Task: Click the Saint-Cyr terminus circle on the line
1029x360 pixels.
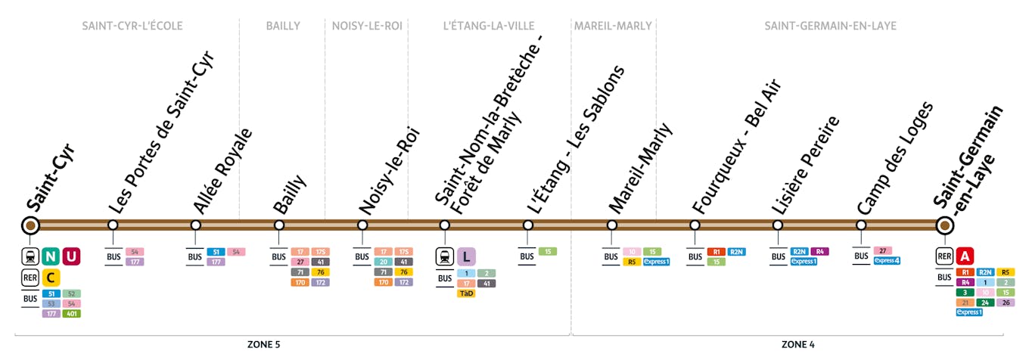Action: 30,225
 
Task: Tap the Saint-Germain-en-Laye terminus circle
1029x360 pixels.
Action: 944,225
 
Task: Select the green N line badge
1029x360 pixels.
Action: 51,256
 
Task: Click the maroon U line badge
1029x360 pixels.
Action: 71,256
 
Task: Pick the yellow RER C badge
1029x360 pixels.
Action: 51,278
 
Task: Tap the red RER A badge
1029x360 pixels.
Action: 965,256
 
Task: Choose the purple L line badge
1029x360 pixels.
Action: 466,256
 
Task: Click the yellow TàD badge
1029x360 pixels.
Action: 466,293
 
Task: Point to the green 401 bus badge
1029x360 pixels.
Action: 71,313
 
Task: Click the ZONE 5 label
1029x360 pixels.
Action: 263,345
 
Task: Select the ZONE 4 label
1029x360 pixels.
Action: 797,345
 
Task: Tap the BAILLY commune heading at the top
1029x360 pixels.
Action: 283,26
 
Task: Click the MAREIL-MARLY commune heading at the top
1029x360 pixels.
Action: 613,26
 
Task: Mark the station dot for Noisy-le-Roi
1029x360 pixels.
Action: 362,225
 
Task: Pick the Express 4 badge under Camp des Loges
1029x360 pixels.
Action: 887,261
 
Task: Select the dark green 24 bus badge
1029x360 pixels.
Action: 984,303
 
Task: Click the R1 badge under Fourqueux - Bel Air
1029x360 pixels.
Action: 716,252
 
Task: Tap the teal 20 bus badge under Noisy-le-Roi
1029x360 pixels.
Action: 384,262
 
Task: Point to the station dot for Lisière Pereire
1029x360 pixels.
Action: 778,225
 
